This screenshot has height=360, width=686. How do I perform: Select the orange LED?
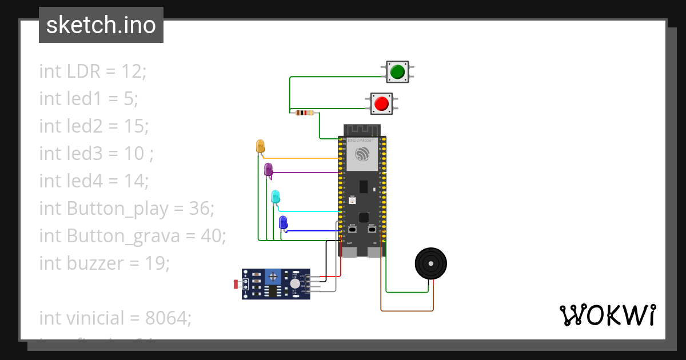click(x=260, y=145)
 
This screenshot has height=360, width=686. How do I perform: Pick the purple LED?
click(x=268, y=169)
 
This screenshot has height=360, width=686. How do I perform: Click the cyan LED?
click(x=276, y=196)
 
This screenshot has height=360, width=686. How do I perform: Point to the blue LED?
click(x=283, y=222)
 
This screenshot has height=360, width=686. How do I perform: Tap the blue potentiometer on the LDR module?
click(x=274, y=277)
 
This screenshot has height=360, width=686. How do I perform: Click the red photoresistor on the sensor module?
click(x=236, y=284)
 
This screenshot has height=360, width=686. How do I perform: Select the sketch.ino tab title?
click(x=101, y=25)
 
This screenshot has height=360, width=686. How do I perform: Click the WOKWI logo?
click(x=607, y=315)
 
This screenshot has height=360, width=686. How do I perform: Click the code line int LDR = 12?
click(x=93, y=71)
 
